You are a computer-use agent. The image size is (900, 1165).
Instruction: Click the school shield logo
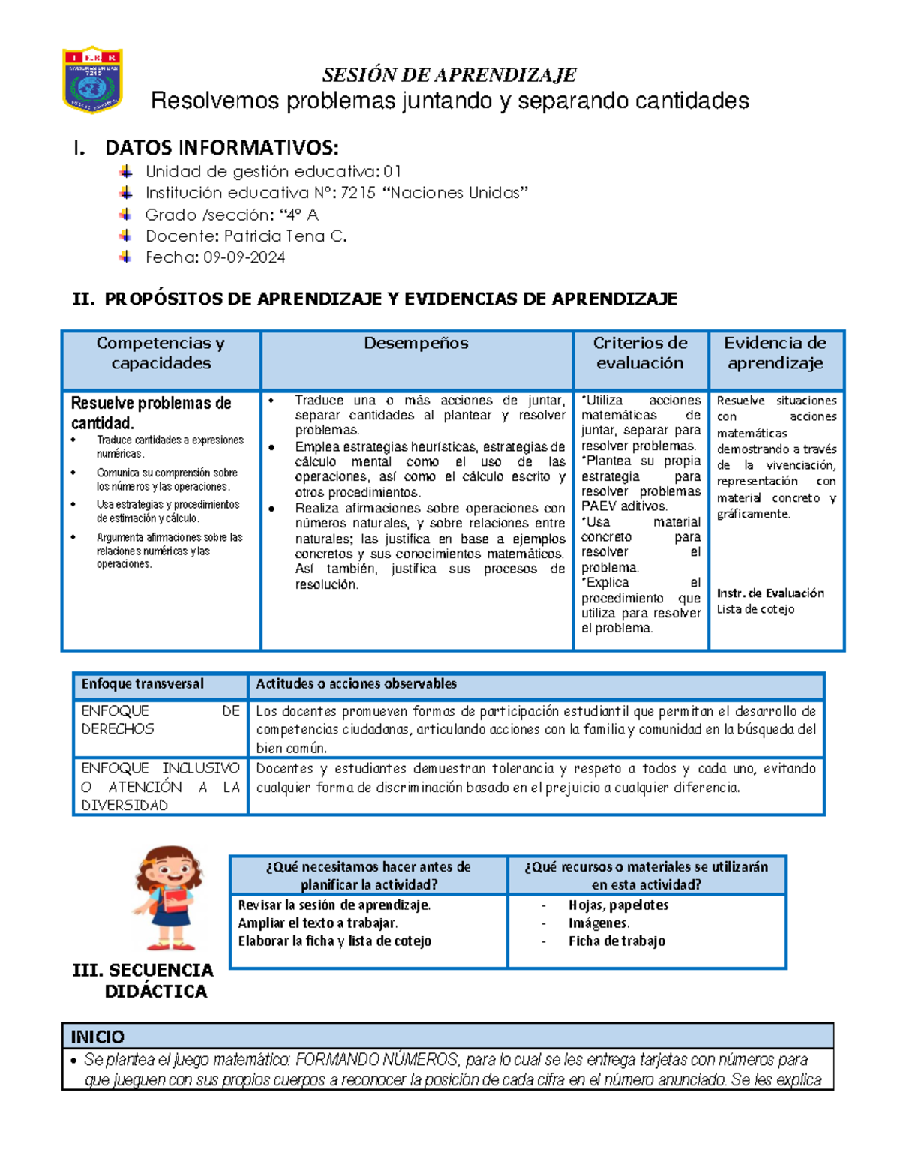click(x=92, y=80)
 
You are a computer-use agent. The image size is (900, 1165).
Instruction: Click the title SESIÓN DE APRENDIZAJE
click(x=449, y=75)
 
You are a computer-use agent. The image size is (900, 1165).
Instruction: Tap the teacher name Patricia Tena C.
click(x=285, y=236)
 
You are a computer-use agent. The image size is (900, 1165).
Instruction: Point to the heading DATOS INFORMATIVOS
click(x=221, y=147)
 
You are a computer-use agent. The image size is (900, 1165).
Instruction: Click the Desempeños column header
click(x=415, y=344)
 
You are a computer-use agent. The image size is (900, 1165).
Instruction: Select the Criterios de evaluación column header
click(x=640, y=353)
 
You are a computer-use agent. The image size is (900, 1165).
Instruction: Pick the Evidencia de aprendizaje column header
click(x=775, y=353)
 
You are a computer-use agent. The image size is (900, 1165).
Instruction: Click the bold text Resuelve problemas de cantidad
click(x=151, y=413)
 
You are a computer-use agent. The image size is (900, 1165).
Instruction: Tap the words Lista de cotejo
click(x=755, y=609)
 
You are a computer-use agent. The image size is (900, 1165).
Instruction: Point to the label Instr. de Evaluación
click(x=770, y=593)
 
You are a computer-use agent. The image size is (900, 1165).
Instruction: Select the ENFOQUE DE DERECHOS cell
click(x=160, y=719)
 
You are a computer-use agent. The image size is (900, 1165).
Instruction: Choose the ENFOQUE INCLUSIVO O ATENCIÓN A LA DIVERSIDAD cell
click(x=160, y=786)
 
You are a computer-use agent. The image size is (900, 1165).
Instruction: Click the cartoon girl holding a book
click(x=169, y=898)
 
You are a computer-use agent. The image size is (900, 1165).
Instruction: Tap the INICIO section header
click(x=97, y=1037)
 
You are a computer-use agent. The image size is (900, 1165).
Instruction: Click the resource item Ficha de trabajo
click(x=616, y=941)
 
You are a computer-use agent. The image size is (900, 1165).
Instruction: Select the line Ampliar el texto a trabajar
click(x=317, y=923)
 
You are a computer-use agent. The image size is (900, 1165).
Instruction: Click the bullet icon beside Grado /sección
click(x=125, y=215)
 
